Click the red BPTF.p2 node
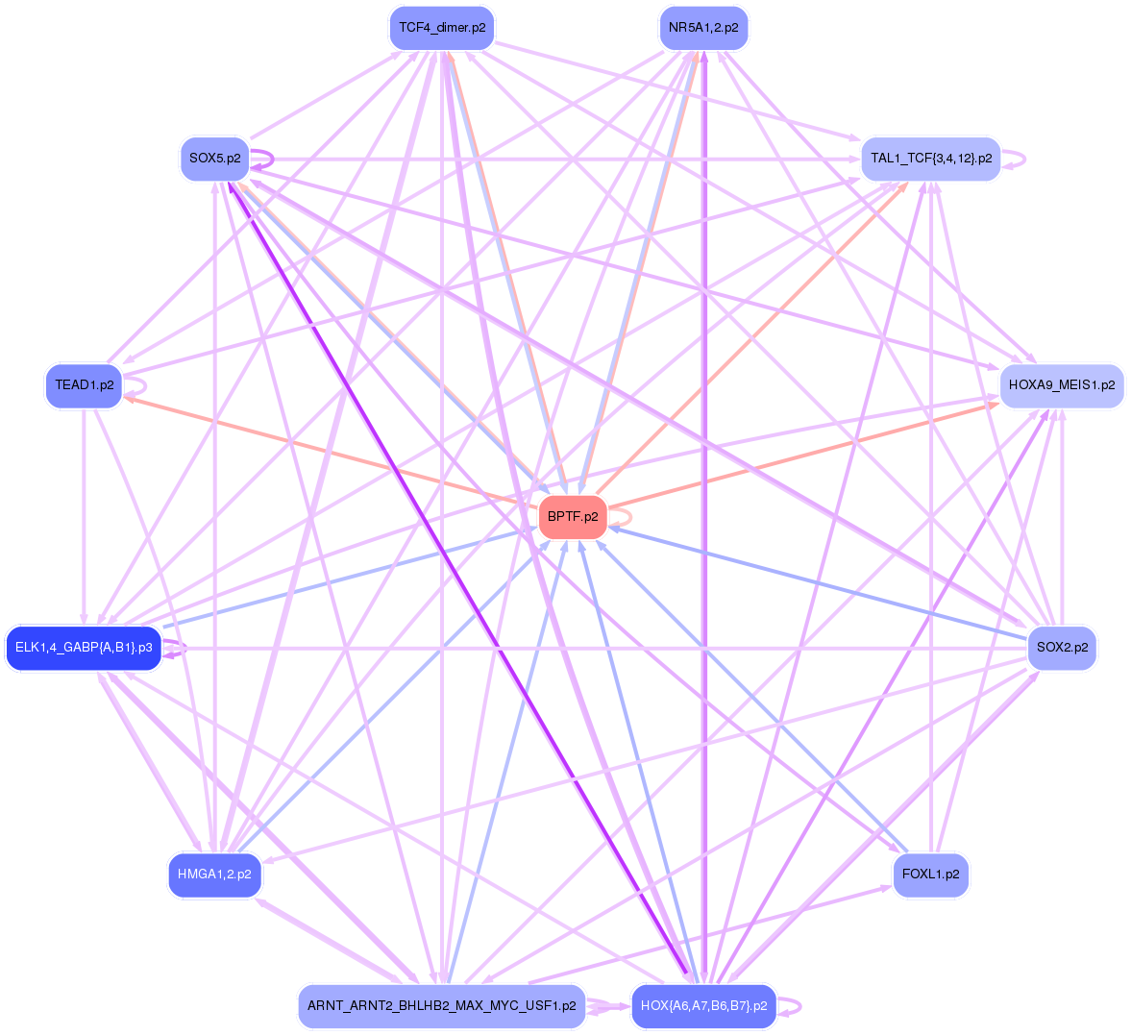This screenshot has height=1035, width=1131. (573, 517)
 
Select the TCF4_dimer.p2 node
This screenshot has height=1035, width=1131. (442, 28)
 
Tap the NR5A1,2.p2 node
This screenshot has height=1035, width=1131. (703, 28)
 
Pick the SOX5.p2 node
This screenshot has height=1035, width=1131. (214, 159)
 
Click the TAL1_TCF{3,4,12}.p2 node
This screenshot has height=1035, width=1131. (930, 159)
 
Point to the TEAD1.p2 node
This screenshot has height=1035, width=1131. (85, 385)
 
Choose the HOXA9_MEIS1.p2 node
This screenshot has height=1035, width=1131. (1061, 385)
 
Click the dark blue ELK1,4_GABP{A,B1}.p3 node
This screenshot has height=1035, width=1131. (84, 648)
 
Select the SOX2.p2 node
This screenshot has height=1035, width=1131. (1062, 648)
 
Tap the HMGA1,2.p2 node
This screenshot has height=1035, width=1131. (214, 875)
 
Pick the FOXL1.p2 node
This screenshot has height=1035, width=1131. (930, 875)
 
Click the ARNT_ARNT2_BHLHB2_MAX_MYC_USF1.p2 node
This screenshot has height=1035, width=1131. (441, 1006)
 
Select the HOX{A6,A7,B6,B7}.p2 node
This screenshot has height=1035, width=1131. (703, 1006)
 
